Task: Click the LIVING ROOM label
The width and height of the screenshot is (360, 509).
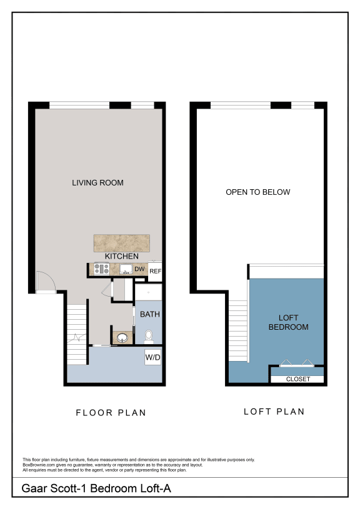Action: coord(97,183)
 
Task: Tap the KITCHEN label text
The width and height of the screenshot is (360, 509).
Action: coord(121,257)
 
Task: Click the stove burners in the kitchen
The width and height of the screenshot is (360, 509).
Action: coord(101,270)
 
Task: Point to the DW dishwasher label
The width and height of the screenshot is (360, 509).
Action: coord(139,269)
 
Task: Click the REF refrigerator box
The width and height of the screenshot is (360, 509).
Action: coord(155,271)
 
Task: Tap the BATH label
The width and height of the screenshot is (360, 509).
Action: coord(149,314)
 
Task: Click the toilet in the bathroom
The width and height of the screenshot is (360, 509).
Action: coord(149,338)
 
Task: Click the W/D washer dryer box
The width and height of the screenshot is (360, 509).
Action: coord(153,358)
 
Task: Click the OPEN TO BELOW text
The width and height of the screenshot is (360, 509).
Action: coord(257,192)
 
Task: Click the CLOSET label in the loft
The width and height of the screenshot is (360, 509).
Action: coord(297,379)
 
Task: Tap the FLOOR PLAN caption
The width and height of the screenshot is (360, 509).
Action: coord(111,412)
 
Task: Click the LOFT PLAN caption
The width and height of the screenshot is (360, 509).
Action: coord(274,412)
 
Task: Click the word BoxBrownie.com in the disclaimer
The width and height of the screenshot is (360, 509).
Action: coord(38,465)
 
